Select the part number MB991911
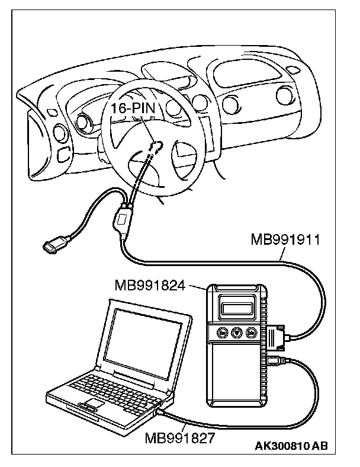285,241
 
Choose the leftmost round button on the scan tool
222,333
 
